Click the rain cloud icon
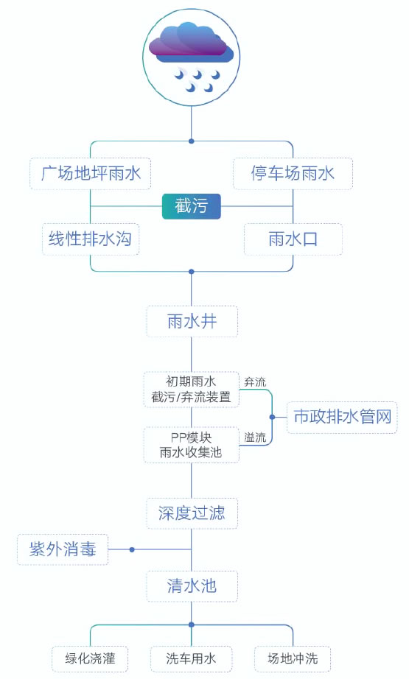click(191, 57)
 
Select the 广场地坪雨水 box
click(90, 174)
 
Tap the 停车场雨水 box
click(293, 174)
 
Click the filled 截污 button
click(191, 206)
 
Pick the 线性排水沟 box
click(91, 239)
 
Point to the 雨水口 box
click(293, 239)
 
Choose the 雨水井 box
click(192, 321)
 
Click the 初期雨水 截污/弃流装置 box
click(191, 390)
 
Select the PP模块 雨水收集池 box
click(191, 445)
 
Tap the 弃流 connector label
click(255, 382)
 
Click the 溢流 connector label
click(255, 437)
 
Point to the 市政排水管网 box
click(342, 417)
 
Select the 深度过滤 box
click(192, 513)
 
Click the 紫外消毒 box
click(63, 549)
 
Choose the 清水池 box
click(192, 586)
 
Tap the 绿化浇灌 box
click(90, 659)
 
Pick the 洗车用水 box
click(191, 659)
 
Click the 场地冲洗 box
click(293, 659)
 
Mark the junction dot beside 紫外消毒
click(132, 549)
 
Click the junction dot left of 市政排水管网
click(272, 417)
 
